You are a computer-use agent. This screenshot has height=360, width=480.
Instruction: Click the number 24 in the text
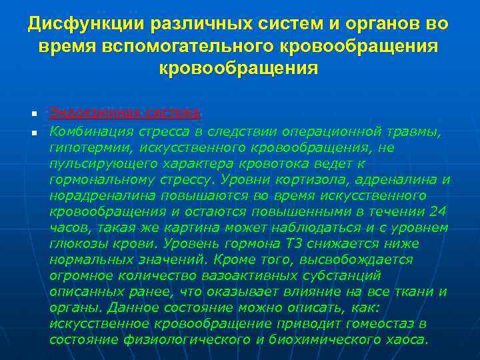[x=437, y=212]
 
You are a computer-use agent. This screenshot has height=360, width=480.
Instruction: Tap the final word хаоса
[x=406, y=339]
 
